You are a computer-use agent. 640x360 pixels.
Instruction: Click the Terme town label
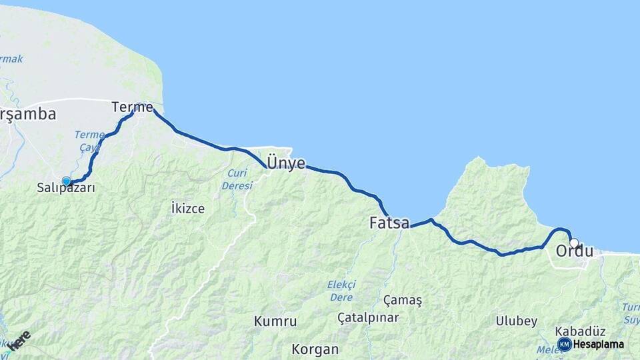(132, 107)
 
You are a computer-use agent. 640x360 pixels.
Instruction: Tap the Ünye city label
(286, 162)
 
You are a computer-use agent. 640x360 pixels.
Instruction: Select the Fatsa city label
(389, 223)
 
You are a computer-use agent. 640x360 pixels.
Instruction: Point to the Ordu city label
(574, 252)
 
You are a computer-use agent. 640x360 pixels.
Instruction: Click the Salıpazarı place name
(66, 189)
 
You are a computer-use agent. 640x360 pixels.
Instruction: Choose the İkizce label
(188, 208)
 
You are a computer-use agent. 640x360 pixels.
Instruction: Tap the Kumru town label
(275, 321)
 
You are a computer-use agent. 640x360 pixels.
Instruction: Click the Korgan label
(315, 349)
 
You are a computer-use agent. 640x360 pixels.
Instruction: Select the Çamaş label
(403, 300)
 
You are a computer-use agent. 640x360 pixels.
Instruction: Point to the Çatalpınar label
(368, 317)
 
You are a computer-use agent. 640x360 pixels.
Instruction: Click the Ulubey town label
(516, 321)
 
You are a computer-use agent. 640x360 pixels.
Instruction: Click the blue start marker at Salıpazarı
(67, 181)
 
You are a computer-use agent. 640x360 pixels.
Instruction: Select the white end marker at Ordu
(573, 243)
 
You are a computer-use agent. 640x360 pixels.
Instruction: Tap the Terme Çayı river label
(89, 141)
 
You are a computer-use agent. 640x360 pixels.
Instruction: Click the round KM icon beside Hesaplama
(564, 344)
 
